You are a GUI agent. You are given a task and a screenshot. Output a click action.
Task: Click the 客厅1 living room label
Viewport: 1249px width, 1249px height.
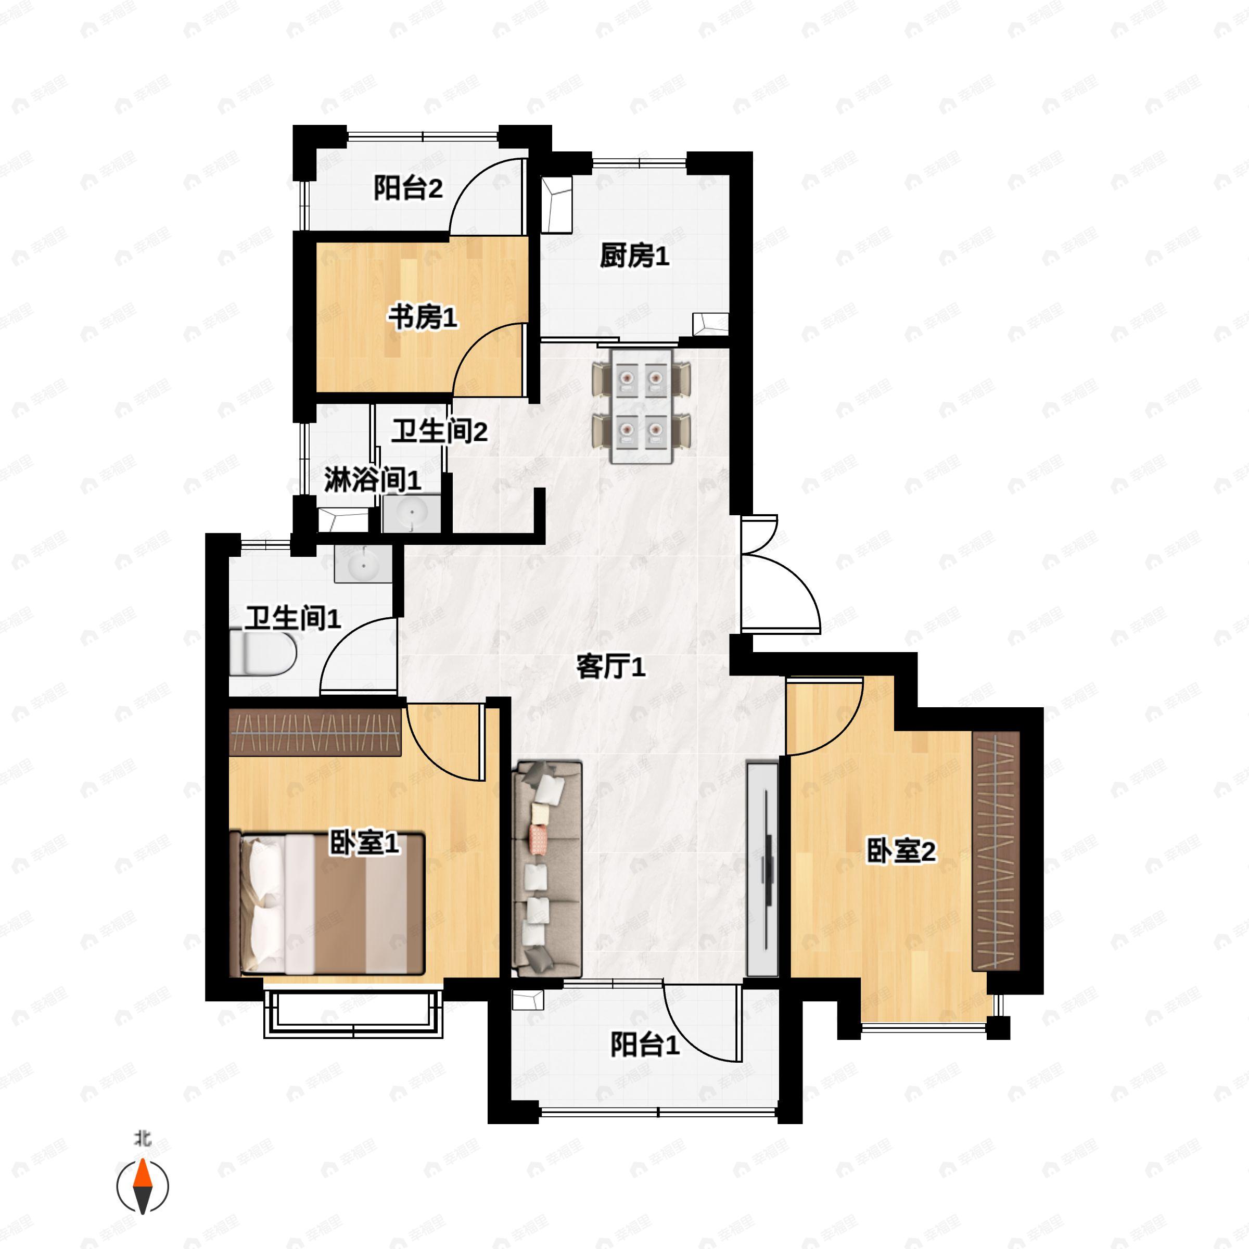pos(610,667)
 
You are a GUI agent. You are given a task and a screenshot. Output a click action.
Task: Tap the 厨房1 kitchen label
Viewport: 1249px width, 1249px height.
pos(633,257)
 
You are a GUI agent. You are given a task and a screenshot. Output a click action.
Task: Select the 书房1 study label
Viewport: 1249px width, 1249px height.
pos(422,317)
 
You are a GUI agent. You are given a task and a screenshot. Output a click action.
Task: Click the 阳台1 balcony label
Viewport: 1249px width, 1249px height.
pos(645,1044)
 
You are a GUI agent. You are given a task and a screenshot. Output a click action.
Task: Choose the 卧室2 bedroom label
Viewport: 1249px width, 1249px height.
pos(900,851)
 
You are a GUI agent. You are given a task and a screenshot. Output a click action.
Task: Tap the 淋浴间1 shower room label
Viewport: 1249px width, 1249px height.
pos(373,480)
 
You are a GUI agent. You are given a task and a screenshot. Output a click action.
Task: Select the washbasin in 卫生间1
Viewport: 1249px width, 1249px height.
pos(363,564)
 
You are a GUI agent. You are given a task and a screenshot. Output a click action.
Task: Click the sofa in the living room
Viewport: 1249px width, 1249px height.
pos(547,869)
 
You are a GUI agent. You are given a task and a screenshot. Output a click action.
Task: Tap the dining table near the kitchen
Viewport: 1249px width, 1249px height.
pos(641,405)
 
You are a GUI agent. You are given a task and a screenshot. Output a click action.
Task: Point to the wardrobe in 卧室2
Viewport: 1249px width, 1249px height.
pos(996,851)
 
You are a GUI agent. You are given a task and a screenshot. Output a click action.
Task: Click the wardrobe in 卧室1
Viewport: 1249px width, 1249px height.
pos(315,732)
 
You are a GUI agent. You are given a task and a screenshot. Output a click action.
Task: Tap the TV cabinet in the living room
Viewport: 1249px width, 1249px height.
pos(762,869)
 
